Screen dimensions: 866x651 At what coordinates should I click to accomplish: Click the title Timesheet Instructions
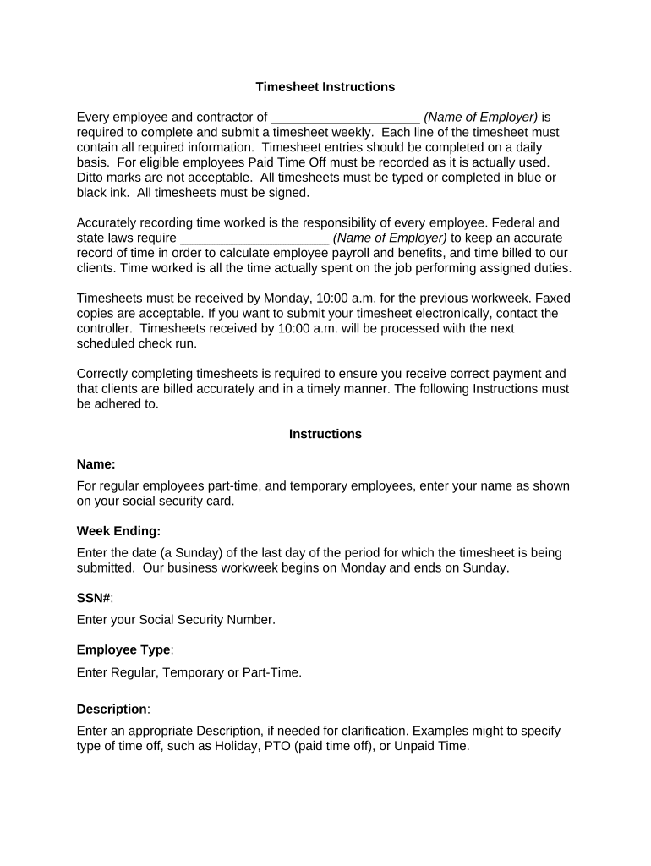[x=325, y=87]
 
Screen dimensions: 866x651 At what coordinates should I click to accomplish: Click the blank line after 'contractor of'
[x=345, y=118]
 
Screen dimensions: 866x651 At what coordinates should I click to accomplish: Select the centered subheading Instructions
[x=325, y=434]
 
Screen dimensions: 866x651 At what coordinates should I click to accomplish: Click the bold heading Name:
[x=96, y=464]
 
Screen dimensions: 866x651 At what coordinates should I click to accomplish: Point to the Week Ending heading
[x=118, y=531]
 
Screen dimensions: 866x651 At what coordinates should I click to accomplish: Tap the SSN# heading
[x=94, y=598]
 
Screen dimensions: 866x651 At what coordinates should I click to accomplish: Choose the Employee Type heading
[x=123, y=650]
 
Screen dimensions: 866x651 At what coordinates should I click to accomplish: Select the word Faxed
[x=537, y=298]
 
